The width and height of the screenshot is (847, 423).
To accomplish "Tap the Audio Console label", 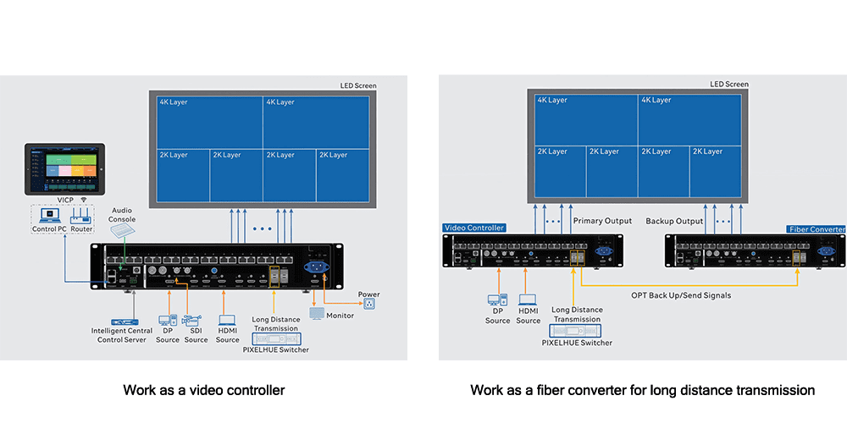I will tap(121, 215).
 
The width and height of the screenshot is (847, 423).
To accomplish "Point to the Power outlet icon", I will tap(368, 304).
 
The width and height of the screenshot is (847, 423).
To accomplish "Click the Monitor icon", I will tap(318, 313).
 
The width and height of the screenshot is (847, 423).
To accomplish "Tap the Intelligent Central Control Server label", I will tap(122, 334).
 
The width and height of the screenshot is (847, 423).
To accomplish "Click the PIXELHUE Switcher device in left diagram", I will tap(275, 338).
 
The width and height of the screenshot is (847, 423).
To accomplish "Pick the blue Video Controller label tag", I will tap(474, 228).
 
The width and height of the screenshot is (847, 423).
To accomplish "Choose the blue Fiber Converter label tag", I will tap(816, 229).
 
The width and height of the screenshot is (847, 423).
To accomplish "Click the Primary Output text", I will tap(602, 221).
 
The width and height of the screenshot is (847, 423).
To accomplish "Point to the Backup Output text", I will tap(674, 221).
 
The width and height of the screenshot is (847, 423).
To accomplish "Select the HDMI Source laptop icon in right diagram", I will tap(528, 300).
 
